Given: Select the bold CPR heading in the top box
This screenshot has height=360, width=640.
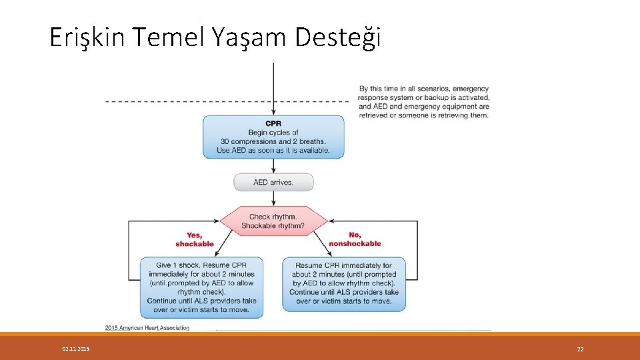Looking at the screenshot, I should coord(273,123).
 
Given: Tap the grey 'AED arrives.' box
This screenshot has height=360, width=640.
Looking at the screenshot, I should coord(273,182).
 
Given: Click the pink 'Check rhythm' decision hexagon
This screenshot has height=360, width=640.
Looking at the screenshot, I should coord(273,221).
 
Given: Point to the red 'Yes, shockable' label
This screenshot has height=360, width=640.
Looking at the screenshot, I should coord(195,239).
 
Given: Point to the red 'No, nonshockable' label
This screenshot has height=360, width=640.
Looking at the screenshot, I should coord(355,239).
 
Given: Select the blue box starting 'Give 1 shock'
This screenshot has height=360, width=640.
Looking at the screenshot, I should coord(202,284).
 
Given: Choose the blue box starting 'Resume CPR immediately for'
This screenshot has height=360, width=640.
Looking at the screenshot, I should coord(344,284).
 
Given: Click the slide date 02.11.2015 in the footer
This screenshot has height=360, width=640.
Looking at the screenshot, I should coord(76,349).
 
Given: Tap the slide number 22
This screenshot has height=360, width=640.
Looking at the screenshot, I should coord(580,349).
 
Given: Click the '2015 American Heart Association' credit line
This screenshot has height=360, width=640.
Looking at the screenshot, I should coord(147,327).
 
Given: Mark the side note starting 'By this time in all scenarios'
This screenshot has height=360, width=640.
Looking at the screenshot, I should coord(423,102).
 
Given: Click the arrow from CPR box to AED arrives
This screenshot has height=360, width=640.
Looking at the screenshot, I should coord(273,166).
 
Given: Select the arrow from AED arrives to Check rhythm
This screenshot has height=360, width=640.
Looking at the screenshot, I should coord(273,198).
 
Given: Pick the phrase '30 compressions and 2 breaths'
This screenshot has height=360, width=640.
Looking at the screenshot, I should coord(273,141).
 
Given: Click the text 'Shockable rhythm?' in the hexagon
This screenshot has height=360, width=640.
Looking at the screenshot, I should coord(273,226).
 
